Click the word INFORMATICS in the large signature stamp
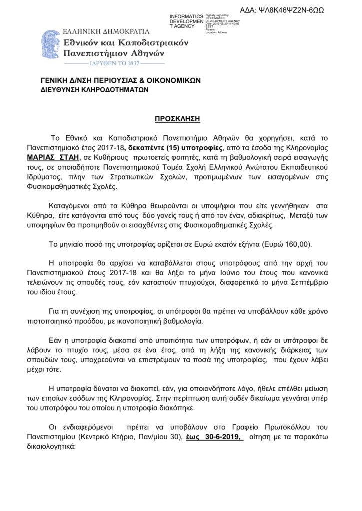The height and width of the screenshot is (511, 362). [186, 17]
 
